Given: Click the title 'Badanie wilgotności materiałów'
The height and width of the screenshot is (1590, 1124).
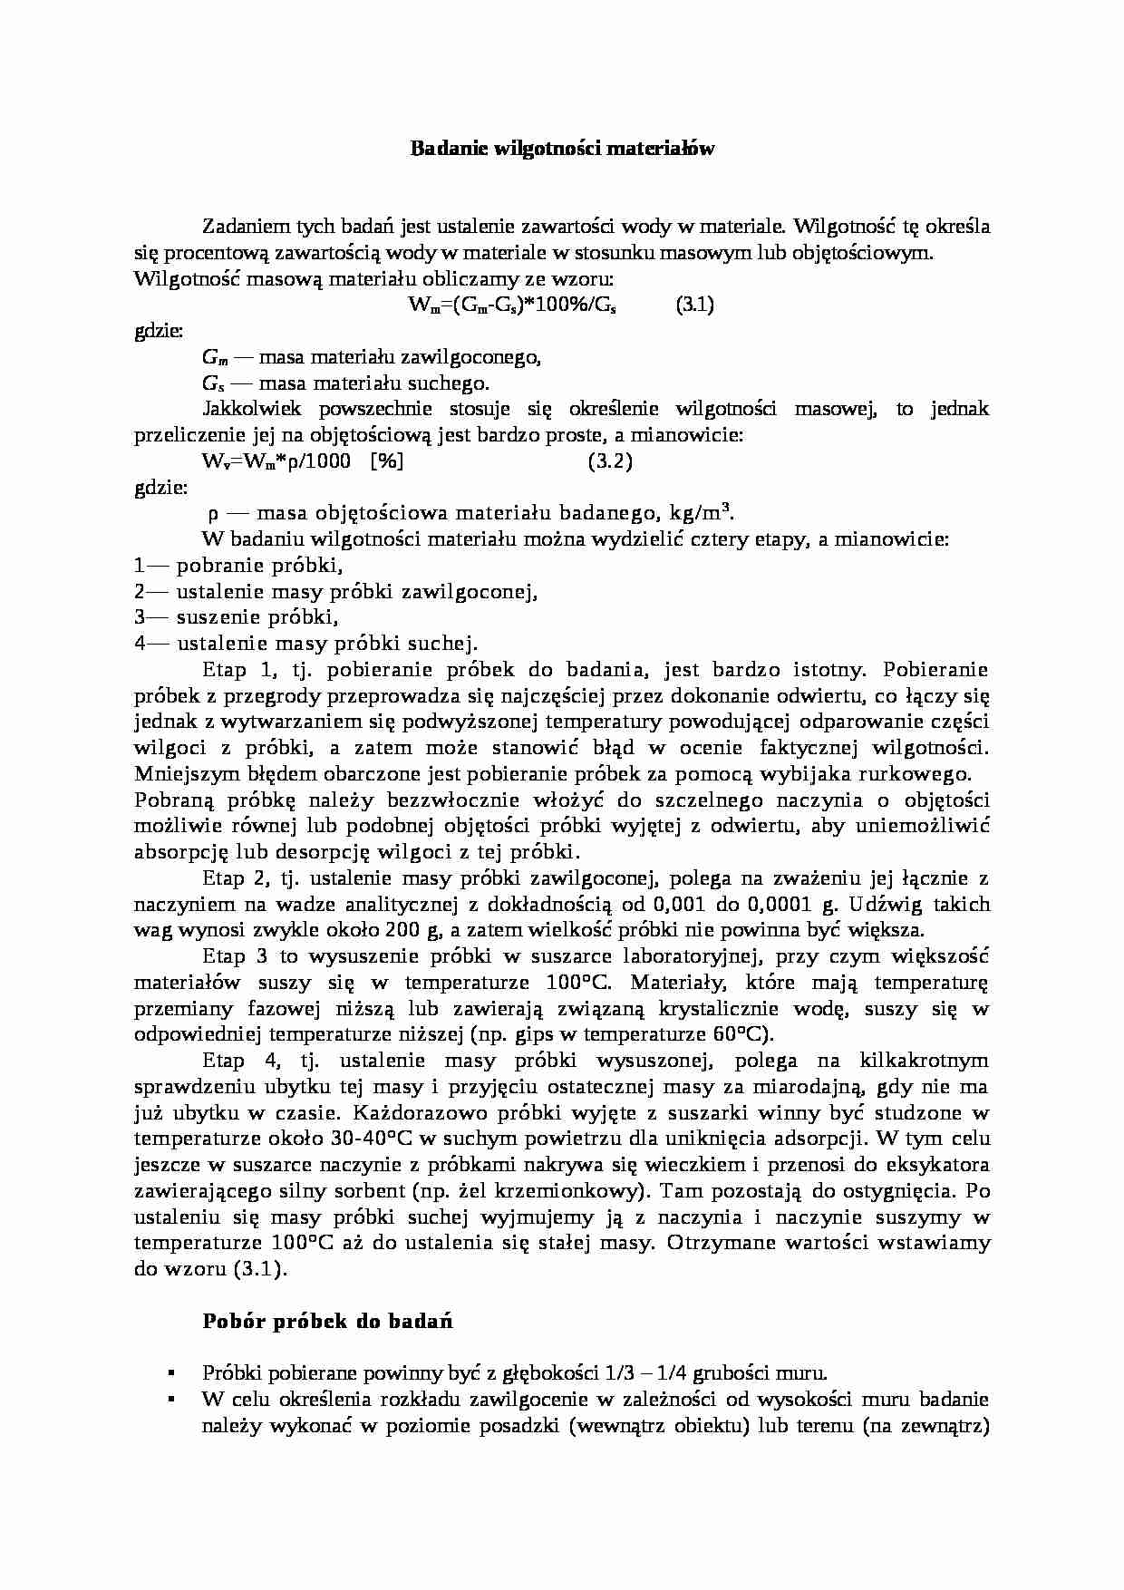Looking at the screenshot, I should [x=563, y=148].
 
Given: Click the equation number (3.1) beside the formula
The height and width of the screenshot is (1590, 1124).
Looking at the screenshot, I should [x=694, y=305].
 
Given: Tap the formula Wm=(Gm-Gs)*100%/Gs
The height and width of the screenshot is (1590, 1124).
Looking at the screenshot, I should [x=512, y=306].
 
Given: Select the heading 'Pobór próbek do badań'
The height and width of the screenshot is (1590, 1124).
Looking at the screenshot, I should [x=327, y=1321].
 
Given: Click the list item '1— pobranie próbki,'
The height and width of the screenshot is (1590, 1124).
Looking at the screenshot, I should [x=238, y=566].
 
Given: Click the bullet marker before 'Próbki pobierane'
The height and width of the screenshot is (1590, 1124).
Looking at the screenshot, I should [x=170, y=1374].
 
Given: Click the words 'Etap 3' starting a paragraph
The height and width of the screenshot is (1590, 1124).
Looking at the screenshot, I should [x=235, y=956].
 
